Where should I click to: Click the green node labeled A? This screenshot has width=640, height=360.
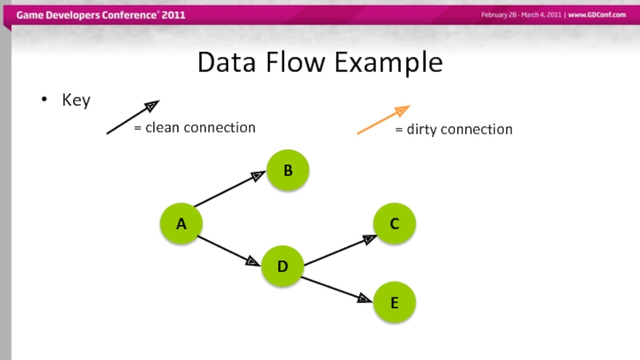tap(182, 225)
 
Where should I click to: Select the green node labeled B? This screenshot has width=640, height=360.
tap(287, 170)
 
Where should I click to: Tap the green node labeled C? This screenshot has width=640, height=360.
tap(394, 226)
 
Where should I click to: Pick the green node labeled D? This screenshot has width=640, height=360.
tap(282, 266)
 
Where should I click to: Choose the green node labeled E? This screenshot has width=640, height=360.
tap(394, 303)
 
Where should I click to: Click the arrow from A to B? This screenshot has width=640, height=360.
tap(229, 190)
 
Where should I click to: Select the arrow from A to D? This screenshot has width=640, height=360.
tap(229, 250)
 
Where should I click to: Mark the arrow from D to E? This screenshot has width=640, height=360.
tap(336, 289)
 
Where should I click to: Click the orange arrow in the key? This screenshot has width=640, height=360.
tap(383, 119)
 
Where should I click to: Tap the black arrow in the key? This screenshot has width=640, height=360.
tap(133, 117)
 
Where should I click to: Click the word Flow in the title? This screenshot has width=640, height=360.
tap(300, 62)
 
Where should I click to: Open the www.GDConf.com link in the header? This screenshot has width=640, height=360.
tap(597, 15)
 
